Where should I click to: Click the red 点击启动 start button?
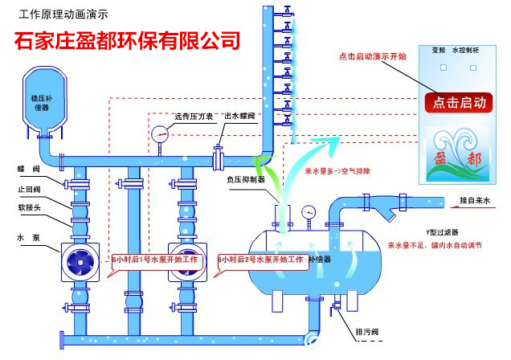click(x=459, y=102)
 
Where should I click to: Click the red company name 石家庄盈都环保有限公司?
click(x=127, y=39)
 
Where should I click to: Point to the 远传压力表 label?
click(x=193, y=117)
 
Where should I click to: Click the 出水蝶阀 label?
click(x=242, y=117)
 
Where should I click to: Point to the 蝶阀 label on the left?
click(x=27, y=170)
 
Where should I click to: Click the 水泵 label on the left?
click(x=27, y=237)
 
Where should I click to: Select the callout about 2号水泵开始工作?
click(x=261, y=260)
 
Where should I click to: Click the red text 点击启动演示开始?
click(x=372, y=57)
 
